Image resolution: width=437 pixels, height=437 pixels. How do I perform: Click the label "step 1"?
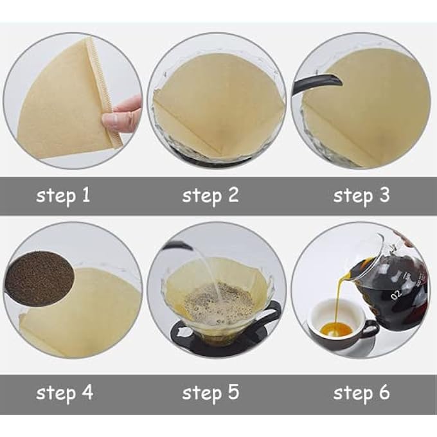pos(63,195)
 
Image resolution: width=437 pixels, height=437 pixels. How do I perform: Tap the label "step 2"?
pos(210,195)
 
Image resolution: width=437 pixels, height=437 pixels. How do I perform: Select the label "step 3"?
pos(361,195)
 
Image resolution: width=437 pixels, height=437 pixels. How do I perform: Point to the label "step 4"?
pos(65,393)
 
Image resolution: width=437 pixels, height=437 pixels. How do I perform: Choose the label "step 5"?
pos(211,393)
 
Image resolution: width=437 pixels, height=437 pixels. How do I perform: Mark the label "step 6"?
pos(361,393)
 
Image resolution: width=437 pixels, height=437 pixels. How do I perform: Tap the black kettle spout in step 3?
pos(317,84)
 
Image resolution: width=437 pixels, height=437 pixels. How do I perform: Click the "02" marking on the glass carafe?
pos(396,294)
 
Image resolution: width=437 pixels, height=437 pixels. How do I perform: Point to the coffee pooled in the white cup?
pos(336,330)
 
